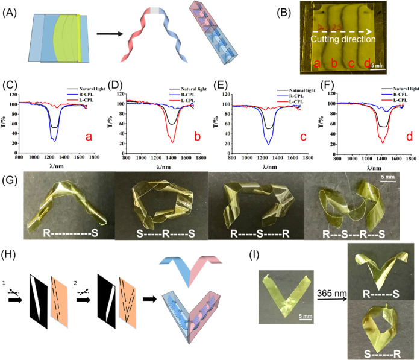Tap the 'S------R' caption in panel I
click(x=381, y=348)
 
